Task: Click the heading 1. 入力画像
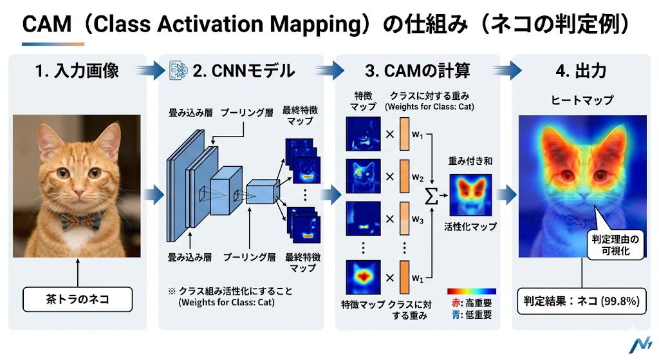77,71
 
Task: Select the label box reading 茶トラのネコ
77,299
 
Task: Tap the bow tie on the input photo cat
81,220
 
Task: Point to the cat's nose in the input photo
79,192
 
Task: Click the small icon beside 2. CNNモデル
178,71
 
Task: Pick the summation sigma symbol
431,196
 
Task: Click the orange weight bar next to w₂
404,176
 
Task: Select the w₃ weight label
417,220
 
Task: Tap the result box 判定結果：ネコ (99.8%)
581,301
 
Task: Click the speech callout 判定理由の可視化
615,245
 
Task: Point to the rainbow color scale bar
472,291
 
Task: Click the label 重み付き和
470,161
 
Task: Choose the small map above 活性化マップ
470,195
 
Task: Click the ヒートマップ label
582,100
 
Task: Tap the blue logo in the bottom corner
640,344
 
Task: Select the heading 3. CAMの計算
417,71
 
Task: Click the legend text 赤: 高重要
472,303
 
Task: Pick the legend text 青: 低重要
472,314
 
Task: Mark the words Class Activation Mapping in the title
227,24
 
